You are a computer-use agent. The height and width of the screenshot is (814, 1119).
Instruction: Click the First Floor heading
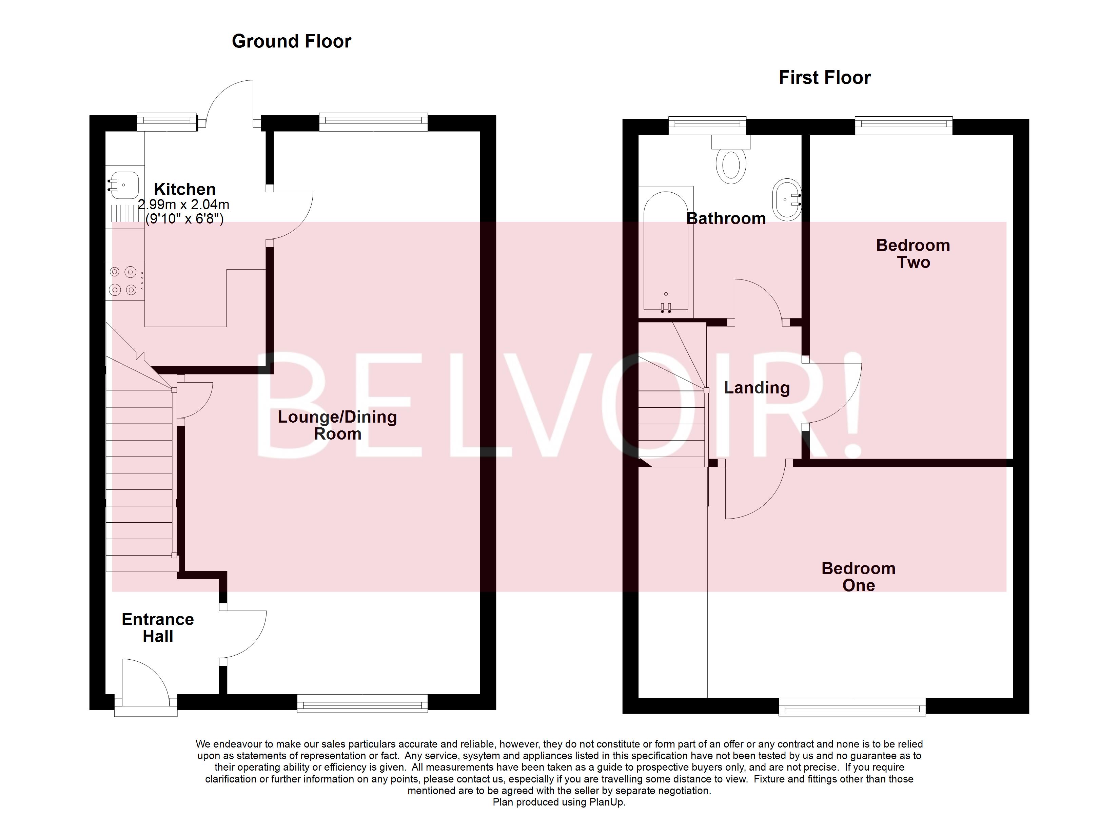tap(824, 78)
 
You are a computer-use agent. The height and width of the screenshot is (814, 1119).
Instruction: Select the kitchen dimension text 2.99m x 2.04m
tap(183, 205)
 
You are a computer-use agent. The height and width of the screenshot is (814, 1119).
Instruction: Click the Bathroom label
tap(726, 219)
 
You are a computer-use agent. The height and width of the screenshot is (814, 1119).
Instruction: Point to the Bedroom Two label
tap(913, 254)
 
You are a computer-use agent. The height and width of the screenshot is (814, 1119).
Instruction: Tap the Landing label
tap(757, 388)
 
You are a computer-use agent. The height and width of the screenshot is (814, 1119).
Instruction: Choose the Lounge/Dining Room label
tap(337, 425)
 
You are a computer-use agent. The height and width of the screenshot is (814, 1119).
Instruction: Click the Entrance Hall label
tap(157, 627)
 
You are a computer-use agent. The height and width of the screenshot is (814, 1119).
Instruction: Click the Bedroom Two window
tap(903, 125)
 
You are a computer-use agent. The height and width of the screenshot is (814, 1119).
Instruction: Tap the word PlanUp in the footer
tap(606, 802)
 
